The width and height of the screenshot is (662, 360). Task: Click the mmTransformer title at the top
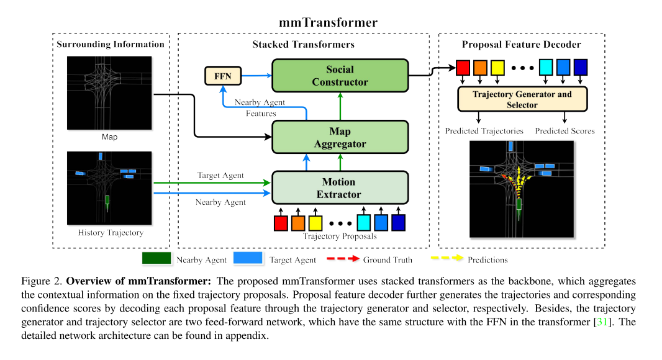328,24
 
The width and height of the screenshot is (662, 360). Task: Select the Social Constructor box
340,76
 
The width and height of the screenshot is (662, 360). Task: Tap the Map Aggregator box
340,137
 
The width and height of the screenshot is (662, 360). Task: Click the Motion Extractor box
340,188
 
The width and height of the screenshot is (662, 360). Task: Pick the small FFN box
223,76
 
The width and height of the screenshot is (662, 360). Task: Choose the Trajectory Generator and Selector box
522,99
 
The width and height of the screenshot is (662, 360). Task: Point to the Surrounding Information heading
111,45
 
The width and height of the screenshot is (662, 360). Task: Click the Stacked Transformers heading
303,45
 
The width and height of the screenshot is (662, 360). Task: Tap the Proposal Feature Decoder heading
521,45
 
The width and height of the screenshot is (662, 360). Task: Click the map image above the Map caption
109,92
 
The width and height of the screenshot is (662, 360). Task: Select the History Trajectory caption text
111,233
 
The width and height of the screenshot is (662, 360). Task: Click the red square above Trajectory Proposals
281,222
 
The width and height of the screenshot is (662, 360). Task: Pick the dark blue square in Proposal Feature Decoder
581,67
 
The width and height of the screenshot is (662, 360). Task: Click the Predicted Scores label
565,131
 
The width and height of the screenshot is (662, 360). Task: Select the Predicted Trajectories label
484,131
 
